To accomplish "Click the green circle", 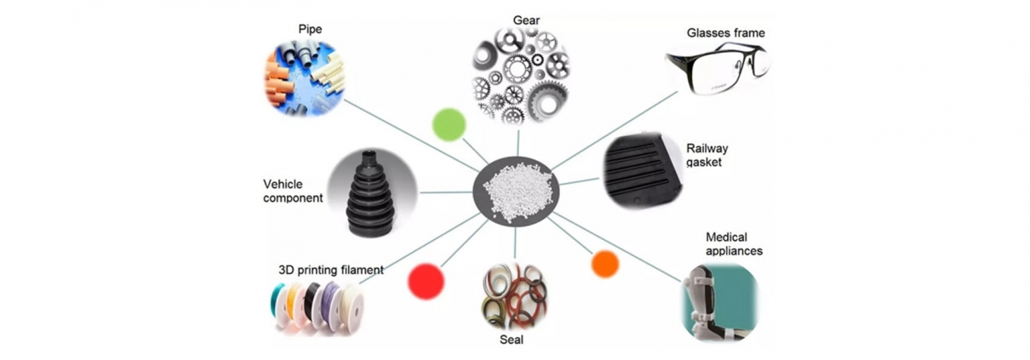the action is (449, 124).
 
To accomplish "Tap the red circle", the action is (426, 282).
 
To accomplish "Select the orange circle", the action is (605, 264).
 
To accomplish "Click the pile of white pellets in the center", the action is (518, 191).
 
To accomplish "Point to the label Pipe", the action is (310, 30).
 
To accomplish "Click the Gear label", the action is (526, 20).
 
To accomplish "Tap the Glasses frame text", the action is (725, 33).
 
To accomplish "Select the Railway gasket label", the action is (707, 155).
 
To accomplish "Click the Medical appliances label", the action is (734, 243).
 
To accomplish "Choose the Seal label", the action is (512, 340).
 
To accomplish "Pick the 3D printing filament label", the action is (330, 270).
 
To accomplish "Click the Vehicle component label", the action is (293, 191).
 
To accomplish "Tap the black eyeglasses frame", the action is (718, 67).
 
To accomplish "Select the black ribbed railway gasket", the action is (643, 170).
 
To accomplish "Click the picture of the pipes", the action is (304, 77).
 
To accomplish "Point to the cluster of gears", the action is (521, 76).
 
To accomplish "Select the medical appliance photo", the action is (718, 301).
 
